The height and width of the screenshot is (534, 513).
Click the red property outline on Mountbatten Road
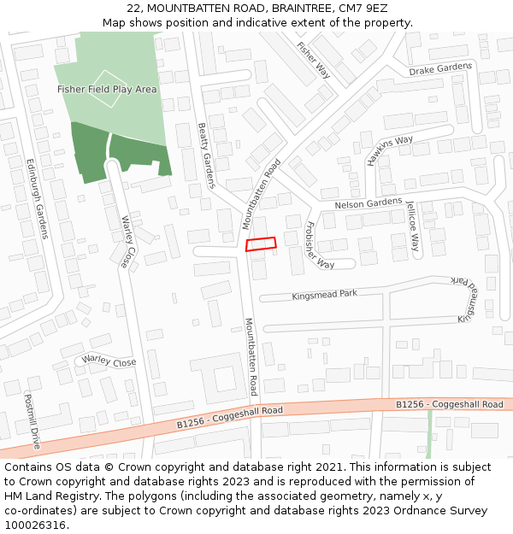point(262,244)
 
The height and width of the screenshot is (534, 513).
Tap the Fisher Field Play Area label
point(107,90)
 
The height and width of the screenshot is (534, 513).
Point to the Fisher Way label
point(313,59)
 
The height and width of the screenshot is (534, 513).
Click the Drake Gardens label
point(440,69)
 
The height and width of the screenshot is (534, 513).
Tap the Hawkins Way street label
point(390,150)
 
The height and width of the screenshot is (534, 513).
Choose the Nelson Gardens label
point(368,203)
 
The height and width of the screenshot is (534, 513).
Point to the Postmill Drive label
point(32,421)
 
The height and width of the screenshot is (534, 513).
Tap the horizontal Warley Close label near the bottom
point(109,362)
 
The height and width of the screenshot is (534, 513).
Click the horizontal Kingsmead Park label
point(324,294)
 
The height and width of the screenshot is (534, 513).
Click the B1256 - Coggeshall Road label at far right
point(450,404)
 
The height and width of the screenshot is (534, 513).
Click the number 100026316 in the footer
point(34,525)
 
